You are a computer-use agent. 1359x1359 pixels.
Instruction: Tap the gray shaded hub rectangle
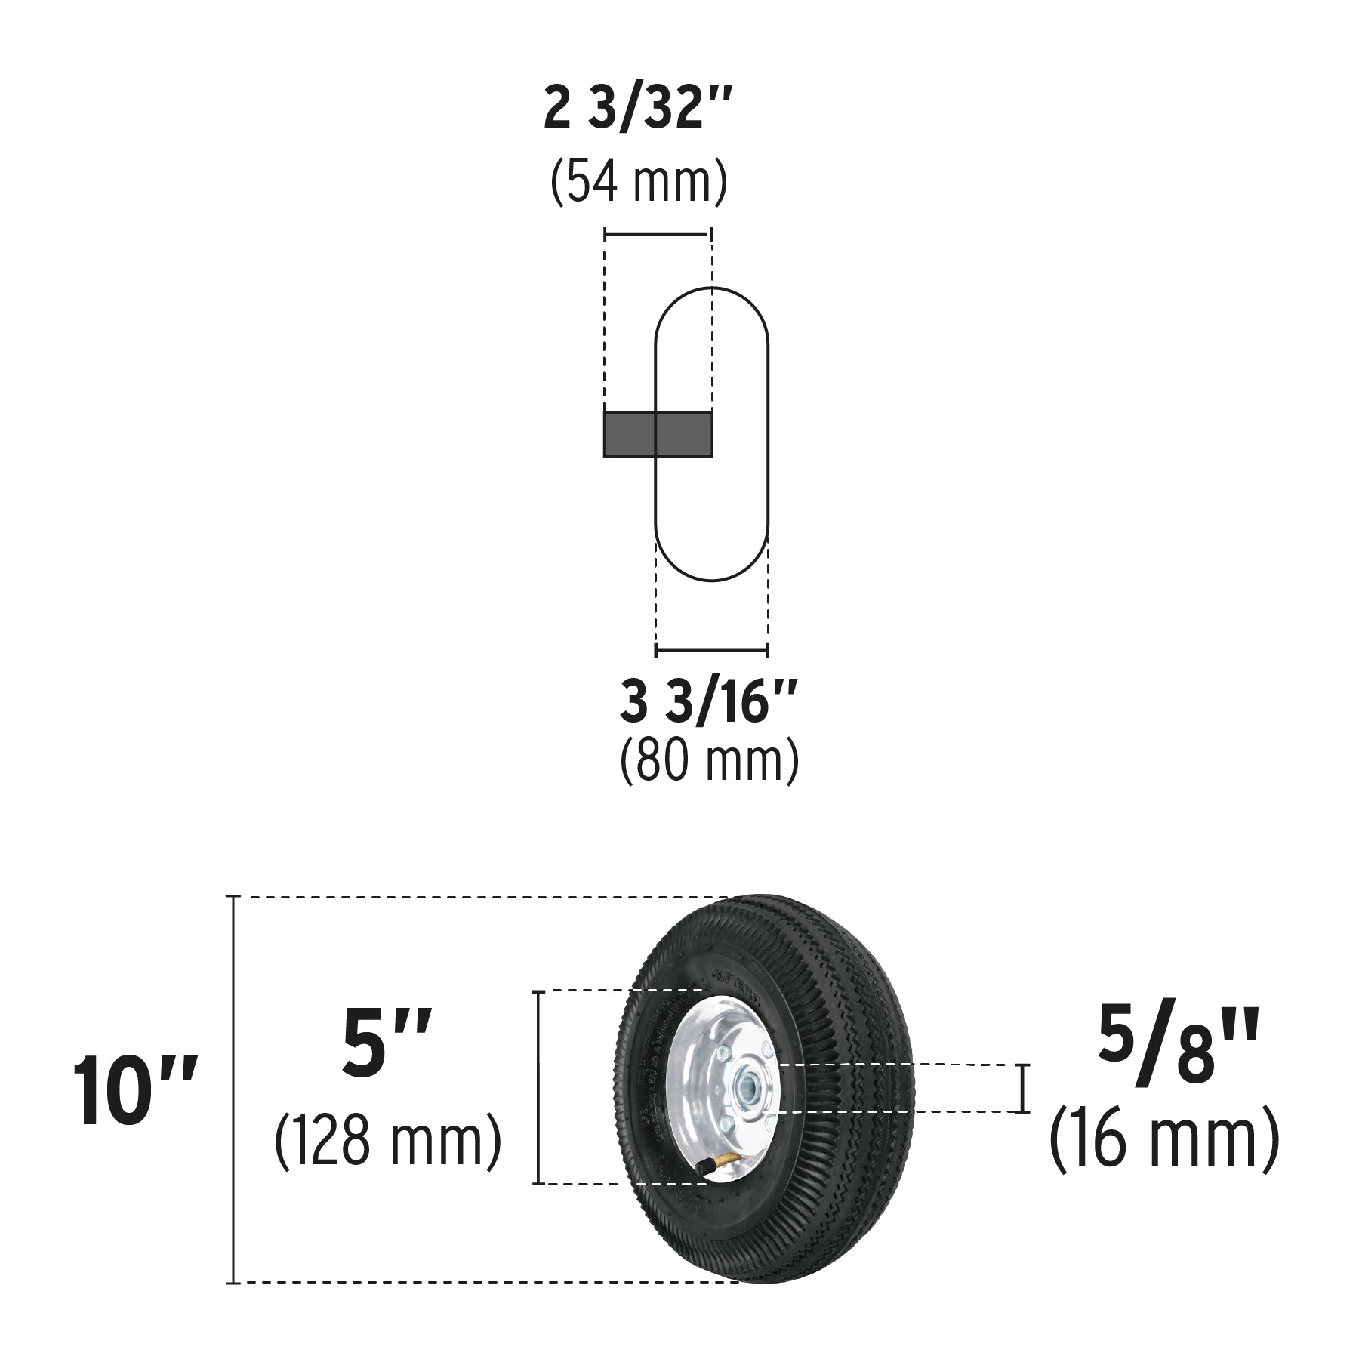click(658, 434)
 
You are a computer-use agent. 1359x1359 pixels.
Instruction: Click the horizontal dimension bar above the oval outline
click(657, 234)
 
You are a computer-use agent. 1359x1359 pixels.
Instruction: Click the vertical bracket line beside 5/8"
click(1023, 1088)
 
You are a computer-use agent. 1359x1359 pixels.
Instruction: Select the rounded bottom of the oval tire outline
click(711, 580)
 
